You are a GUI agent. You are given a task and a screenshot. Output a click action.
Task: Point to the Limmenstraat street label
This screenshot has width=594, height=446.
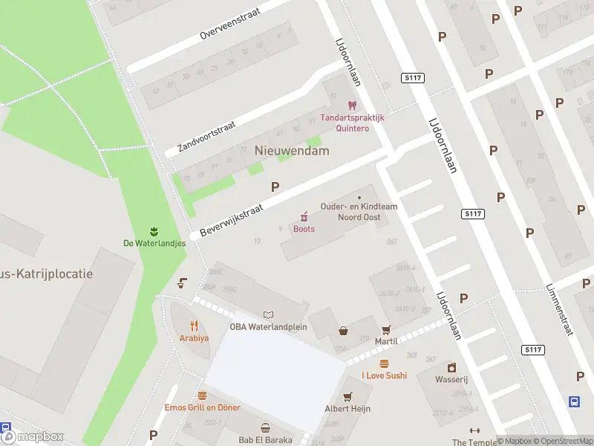(559, 308)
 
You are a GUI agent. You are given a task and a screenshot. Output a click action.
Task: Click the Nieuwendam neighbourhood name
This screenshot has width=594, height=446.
(292, 150)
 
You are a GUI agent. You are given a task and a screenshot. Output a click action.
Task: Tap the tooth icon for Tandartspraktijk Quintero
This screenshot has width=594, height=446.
(352, 106)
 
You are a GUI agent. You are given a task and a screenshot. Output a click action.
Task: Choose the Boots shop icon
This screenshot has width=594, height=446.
(304, 216)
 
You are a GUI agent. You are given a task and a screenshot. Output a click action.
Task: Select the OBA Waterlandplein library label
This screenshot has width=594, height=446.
(268, 327)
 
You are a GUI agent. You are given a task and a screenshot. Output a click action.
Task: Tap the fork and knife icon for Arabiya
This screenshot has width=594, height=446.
(194, 325)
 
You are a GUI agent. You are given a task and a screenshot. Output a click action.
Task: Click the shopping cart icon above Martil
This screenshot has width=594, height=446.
(385, 329)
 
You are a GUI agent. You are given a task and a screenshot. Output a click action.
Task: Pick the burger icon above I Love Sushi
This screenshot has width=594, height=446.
(384, 363)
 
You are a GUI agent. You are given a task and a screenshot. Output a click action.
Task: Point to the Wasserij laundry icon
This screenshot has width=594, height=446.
(451, 367)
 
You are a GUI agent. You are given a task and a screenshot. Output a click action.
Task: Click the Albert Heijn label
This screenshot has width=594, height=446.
(347, 408)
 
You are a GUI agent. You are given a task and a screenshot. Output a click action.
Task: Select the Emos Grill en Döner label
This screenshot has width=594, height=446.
(202, 407)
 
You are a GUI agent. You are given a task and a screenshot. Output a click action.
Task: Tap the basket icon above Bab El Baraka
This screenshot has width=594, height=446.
(265, 427)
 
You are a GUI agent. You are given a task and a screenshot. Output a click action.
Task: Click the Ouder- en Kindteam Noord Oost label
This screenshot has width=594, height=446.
(359, 211)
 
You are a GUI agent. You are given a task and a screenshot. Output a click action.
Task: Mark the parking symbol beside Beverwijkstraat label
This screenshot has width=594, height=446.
(275, 187)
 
